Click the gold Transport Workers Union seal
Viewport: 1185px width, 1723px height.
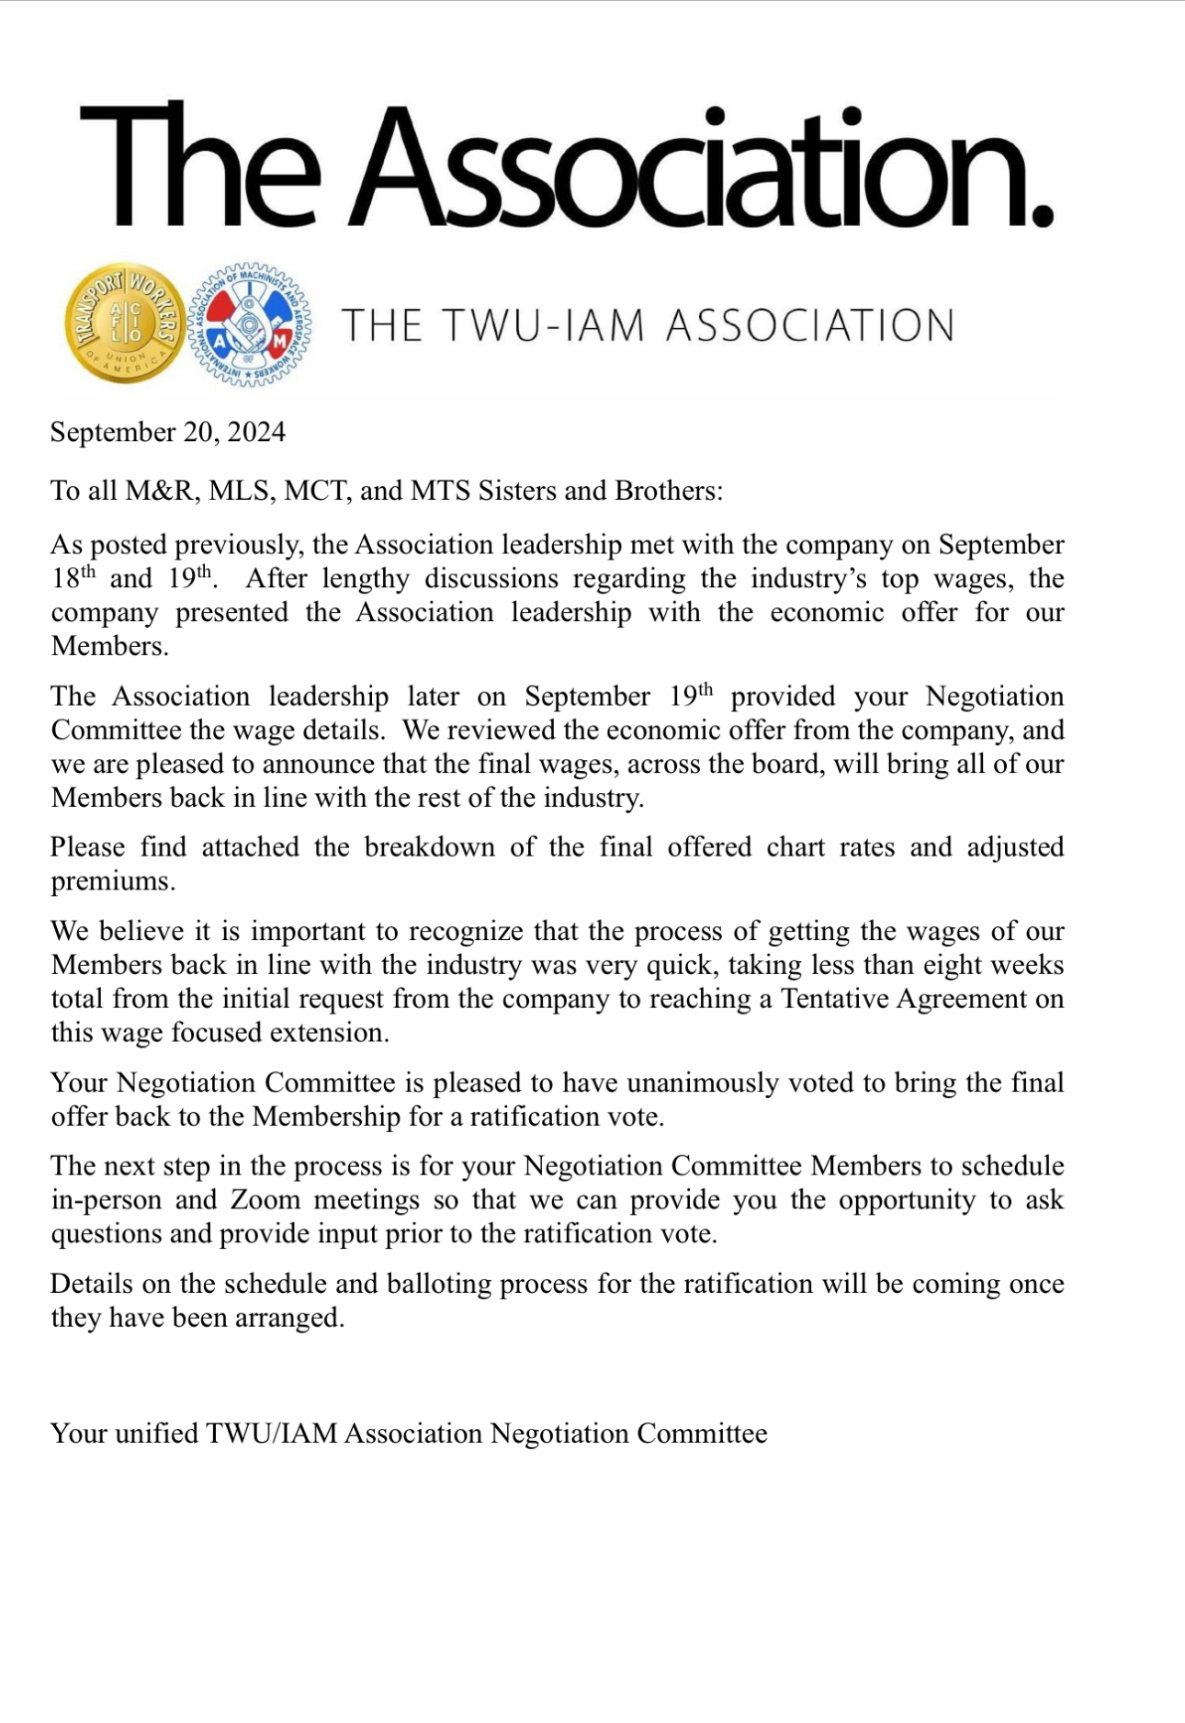coord(125,323)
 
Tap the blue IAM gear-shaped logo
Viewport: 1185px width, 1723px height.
coord(249,323)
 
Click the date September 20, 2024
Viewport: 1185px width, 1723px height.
coord(168,432)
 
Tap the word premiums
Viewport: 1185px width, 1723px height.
coord(111,881)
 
